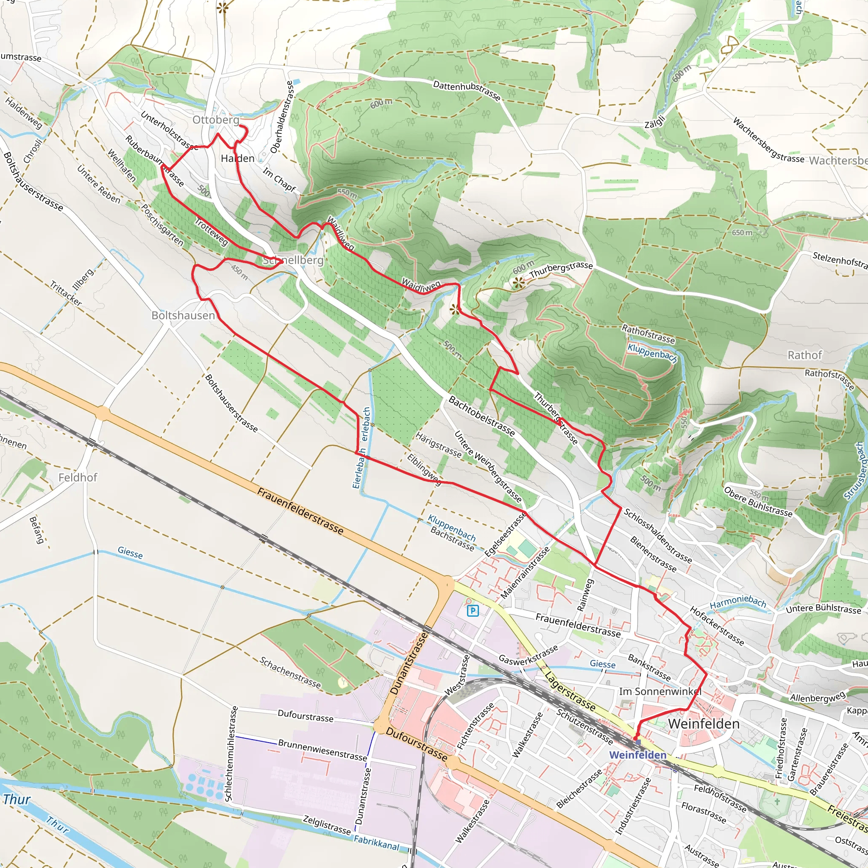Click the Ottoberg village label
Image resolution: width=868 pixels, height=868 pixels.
point(216,120)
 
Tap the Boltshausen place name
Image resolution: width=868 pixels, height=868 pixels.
point(183,315)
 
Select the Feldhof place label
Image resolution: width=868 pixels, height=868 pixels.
point(78,477)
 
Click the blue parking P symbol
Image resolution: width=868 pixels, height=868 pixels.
point(473,611)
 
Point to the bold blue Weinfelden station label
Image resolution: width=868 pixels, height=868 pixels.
point(637,755)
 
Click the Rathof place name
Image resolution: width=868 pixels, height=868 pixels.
point(805,355)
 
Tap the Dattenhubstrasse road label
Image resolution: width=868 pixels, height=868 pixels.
point(466,91)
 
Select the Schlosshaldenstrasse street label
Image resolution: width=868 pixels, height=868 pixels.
point(658,536)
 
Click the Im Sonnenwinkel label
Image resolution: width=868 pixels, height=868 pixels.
point(660,691)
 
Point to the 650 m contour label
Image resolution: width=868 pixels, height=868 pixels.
point(742,233)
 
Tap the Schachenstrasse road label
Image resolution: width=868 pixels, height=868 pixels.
point(290,673)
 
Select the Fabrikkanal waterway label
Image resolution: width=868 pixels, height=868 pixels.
point(376,843)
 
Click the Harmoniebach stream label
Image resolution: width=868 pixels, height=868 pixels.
point(738,602)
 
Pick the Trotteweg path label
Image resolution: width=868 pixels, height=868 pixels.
point(211,232)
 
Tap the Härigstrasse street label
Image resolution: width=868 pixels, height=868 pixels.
point(438,445)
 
